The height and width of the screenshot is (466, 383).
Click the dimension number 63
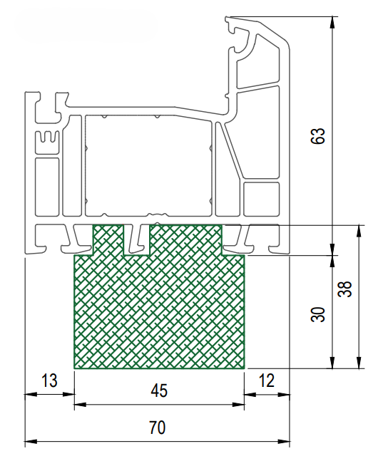(x=317, y=136)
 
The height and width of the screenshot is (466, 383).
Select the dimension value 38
(x=344, y=289)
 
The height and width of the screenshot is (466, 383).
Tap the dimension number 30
(x=317, y=314)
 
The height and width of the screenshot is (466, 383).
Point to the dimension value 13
(x=49, y=380)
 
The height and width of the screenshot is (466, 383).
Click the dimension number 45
(x=159, y=390)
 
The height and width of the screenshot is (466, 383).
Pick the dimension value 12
(x=266, y=380)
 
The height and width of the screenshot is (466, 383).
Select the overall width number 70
(x=157, y=428)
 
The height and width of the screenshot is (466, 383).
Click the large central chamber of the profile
(x=148, y=165)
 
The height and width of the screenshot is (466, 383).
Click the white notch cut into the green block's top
(x=137, y=240)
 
